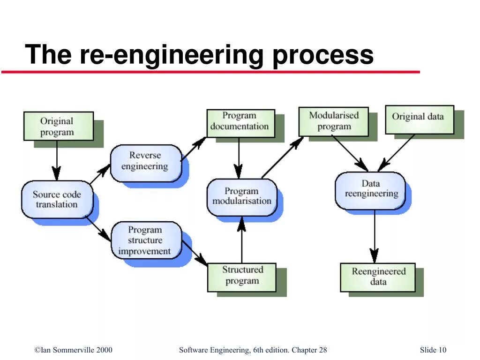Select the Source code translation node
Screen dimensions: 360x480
pyautogui.click(x=57, y=199)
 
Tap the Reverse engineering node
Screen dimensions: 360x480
pyautogui.click(x=145, y=161)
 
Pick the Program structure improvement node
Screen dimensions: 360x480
pyautogui.click(x=145, y=240)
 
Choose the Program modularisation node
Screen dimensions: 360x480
pyautogui.click(x=241, y=196)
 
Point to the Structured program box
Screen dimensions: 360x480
pyautogui.click(x=242, y=276)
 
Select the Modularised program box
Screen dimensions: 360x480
pyautogui.click(x=334, y=120)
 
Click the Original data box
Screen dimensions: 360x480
pyautogui.click(x=419, y=117)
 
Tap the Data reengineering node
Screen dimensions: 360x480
pyautogui.click(x=370, y=189)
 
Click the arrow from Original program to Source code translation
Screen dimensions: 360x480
pyautogui.click(x=57, y=159)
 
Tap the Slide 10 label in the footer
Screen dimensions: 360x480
pyautogui.click(x=433, y=350)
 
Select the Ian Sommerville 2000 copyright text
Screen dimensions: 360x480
pyautogui.click(x=74, y=350)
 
